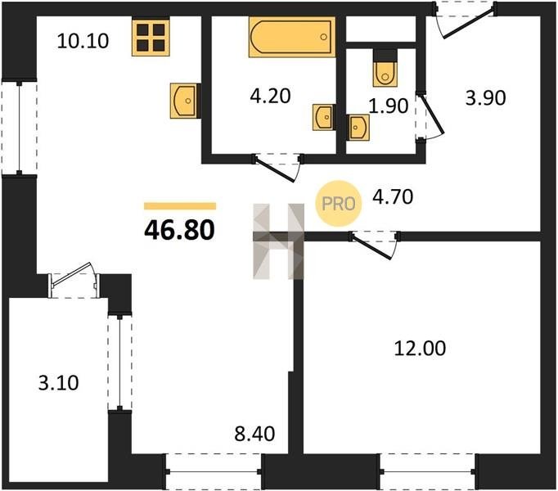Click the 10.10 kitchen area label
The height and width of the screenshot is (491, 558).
[x=83, y=41]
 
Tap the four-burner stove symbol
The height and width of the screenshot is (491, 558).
[x=151, y=38]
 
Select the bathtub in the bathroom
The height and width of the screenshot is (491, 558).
[x=292, y=37]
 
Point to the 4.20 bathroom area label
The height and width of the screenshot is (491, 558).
[x=270, y=96]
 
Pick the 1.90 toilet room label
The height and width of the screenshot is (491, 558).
[x=389, y=106]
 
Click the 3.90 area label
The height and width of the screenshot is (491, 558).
[x=486, y=98]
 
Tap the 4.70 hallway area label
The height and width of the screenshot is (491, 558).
[x=393, y=197]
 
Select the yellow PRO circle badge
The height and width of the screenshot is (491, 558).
[x=339, y=203]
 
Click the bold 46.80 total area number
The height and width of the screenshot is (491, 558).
[x=179, y=230]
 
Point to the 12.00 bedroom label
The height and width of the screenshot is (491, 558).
[x=420, y=349]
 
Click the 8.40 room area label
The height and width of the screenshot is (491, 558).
[x=254, y=434]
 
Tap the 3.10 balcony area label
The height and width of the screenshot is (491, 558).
[x=59, y=383]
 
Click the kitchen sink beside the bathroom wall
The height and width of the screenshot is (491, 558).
[x=183, y=101]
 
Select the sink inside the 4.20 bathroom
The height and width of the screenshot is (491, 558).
[x=323, y=117]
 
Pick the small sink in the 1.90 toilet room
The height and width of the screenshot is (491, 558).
[x=358, y=128]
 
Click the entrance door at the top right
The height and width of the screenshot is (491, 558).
[x=465, y=20]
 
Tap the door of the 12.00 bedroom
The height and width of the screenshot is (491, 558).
[x=375, y=245]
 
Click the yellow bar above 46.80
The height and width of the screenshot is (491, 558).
[x=180, y=206]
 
